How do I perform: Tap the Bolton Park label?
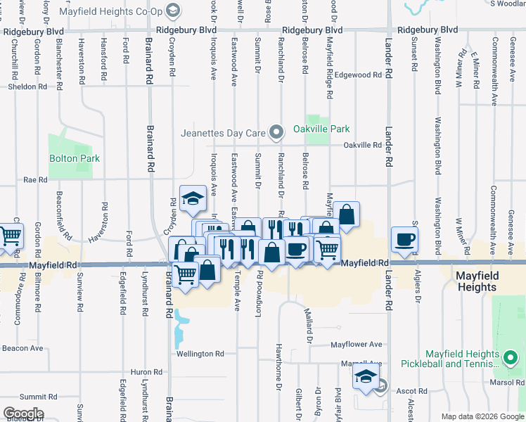pos(74,158)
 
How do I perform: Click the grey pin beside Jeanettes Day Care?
pos(278,132)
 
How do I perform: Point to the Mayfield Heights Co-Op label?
pos(121,11)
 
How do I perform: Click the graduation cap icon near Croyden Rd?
pos(192,198)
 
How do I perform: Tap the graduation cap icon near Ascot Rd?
pos(366,376)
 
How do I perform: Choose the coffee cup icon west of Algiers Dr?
pos(404,238)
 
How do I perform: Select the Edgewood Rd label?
pos(358,75)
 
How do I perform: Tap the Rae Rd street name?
pos(34,180)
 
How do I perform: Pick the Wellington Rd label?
pos(200,354)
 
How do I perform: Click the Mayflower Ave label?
pos(357,345)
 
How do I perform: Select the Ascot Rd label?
pos(412,390)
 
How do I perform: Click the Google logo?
pos(23,414)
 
